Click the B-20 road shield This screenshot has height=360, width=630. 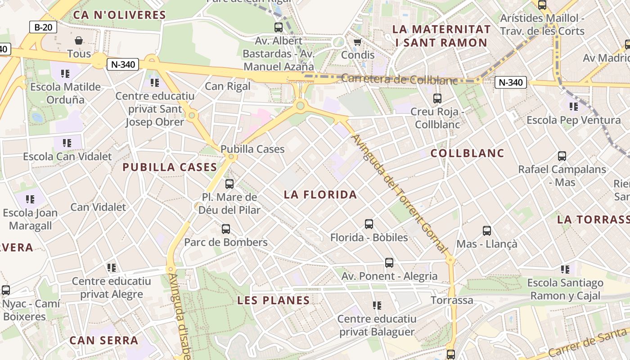click(43, 27)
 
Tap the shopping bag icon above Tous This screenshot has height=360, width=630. click(79, 40)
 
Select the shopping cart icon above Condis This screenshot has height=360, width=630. click(358, 42)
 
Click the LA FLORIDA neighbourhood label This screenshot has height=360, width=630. click(320, 194)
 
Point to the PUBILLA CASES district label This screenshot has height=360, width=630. click(170, 167)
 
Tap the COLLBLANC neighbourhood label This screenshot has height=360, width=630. click(467, 153)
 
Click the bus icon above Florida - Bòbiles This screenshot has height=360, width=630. click(369, 224)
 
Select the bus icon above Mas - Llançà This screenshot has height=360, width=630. click(487, 231)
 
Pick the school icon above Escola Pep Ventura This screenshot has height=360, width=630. click(573, 107)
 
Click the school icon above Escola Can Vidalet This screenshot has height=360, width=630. click(67, 143)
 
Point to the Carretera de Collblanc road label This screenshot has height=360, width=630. click(399, 79)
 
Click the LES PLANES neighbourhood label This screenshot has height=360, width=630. click(274, 300)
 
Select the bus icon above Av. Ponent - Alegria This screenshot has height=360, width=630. click(389, 262)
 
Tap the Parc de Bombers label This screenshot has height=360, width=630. click(226, 243)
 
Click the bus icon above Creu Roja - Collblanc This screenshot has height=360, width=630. click(437, 98)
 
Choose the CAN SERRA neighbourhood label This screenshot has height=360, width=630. click(103, 340)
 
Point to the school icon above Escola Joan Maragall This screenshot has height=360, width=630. click(30, 199)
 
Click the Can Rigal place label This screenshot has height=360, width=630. click(228, 86)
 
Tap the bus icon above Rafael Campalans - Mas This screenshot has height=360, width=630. click(562, 156)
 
